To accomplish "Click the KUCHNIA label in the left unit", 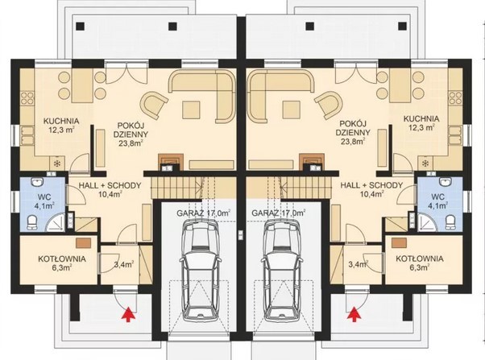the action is tap(61, 121).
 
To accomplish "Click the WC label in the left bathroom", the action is tap(42, 197).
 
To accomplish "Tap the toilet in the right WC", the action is tap(450, 222).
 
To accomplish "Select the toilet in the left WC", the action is tap(32, 222).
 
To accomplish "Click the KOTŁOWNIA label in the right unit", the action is tap(419, 259).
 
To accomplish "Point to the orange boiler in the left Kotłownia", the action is tap(84, 242).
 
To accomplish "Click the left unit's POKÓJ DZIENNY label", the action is tap(131, 130).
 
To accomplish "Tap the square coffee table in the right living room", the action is tap(291, 110).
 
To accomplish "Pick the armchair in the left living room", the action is tap(155, 104).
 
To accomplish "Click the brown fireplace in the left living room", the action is tap(168, 161).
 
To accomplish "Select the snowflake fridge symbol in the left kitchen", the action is tap(57, 163).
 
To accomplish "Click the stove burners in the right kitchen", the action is tap(456, 98).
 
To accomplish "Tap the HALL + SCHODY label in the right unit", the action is tap(371, 185).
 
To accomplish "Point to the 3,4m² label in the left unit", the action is tap(124, 264).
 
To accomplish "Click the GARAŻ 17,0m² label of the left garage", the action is tap(204, 213).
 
